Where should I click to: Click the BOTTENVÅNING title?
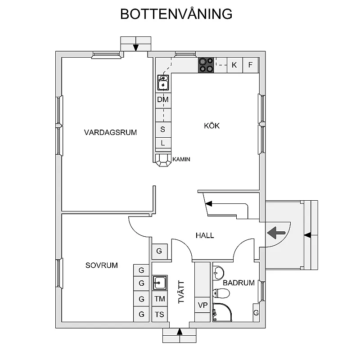pyautogui.click(x=176, y=14)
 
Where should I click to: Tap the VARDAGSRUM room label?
pyautogui.click(x=110, y=132)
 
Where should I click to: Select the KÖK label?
pyautogui.click(x=212, y=126)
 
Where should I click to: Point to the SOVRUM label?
pyautogui.click(x=102, y=265)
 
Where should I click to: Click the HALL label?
pyautogui.click(x=205, y=235)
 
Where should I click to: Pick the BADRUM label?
pyautogui.click(x=238, y=283)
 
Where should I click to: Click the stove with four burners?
pyautogui.click(x=207, y=65)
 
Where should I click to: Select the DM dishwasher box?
pyautogui.click(x=162, y=99)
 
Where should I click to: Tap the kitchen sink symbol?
pyautogui.click(x=163, y=83)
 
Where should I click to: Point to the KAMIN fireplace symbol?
pyautogui.click(x=163, y=160)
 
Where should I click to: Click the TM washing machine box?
pyautogui.click(x=160, y=299)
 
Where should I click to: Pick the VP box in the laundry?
pyautogui.click(x=202, y=306)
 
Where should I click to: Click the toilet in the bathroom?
pyautogui.click(x=221, y=294)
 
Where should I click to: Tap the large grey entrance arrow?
pyautogui.click(x=276, y=232)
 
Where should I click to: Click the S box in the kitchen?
pyautogui.click(x=162, y=129)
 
